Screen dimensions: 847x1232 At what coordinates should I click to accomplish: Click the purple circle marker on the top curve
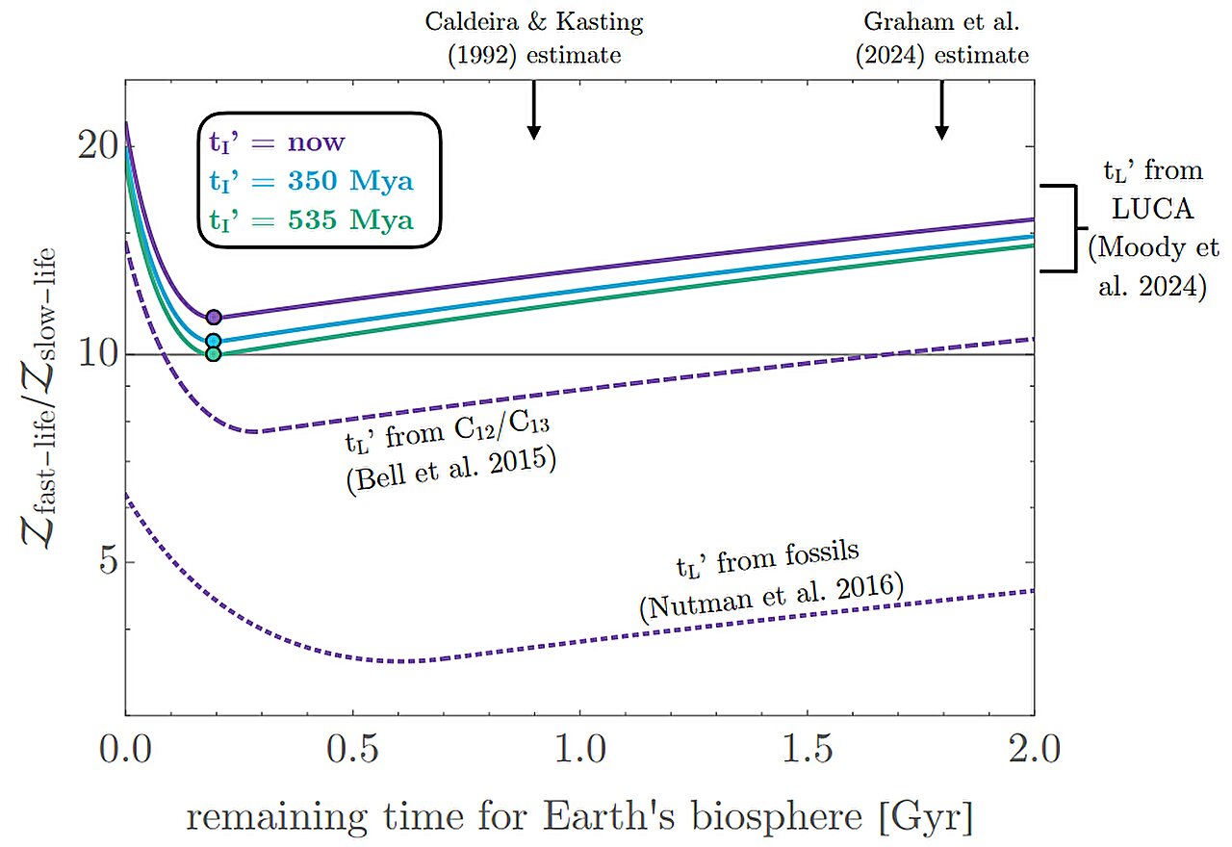click(214, 317)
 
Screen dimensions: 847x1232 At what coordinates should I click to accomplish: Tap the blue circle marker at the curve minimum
click(214, 341)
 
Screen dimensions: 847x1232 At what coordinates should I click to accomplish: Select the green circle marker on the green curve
click(214, 354)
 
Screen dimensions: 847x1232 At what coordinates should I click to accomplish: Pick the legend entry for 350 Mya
click(312, 182)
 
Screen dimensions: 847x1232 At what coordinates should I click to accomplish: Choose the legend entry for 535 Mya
click(312, 220)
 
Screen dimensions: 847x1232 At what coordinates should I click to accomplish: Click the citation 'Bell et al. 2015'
click(452, 471)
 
